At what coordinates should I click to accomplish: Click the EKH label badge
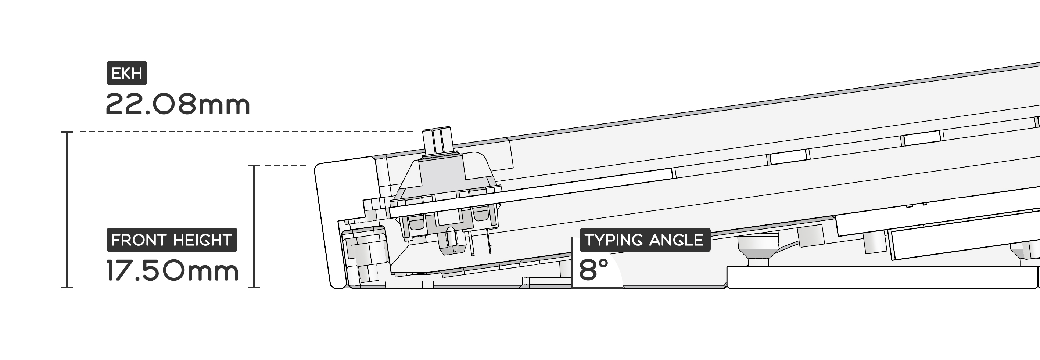tap(126, 73)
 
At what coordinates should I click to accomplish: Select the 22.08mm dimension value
tap(177, 105)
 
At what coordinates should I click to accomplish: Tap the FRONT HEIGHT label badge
tap(172, 240)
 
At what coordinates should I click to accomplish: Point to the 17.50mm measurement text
tap(172, 270)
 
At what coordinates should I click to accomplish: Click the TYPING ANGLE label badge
tap(645, 240)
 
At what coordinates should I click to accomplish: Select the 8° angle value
tap(593, 270)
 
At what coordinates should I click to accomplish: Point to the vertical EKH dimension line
tap(67, 209)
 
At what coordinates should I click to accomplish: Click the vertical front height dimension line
tap(254, 226)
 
